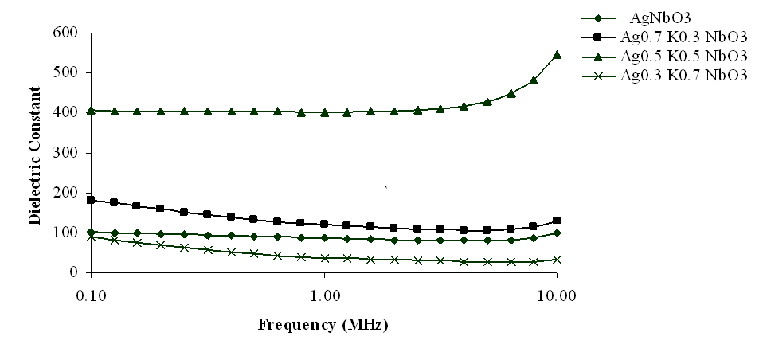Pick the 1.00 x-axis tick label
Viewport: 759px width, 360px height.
pyautogui.click(x=324, y=293)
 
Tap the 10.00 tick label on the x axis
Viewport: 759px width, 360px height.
pyautogui.click(x=557, y=293)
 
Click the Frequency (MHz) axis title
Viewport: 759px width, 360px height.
pyautogui.click(x=323, y=326)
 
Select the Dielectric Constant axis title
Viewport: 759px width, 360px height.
pyautogui.click(x=35, y=153)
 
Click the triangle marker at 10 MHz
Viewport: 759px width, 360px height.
pyautogui.click(x=557, y=55)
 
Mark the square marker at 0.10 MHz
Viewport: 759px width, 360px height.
pyautogui.click(x=91, y=200)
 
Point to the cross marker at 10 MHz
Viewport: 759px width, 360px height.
pyautogui.click(x=557, y=260)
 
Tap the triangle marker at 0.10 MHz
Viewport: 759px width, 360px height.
pyautogui.click(x=91, y=111)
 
